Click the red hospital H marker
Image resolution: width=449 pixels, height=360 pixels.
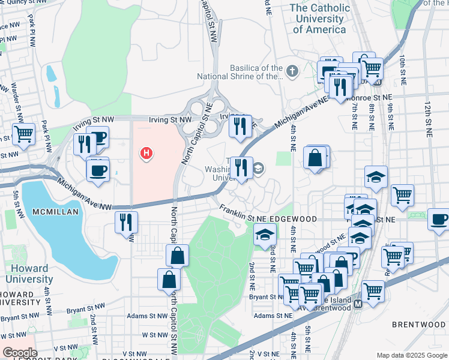click(146, 154)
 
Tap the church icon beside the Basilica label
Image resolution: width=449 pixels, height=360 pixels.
click(292, 72)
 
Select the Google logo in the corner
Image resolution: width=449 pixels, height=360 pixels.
click(20, 353)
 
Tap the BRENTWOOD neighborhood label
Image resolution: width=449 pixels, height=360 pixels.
click(418, 325)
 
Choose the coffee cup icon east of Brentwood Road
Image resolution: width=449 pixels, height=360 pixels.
click(439, 219)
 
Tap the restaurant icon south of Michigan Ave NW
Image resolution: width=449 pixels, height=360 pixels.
click(127, 223)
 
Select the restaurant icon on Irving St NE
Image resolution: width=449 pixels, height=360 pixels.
click(240, 126)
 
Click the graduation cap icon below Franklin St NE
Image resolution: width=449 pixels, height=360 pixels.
click(264, 235)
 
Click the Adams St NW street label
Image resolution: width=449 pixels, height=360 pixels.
click(147, 316)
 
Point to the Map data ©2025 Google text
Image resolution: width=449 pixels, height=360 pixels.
click(411, 355)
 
